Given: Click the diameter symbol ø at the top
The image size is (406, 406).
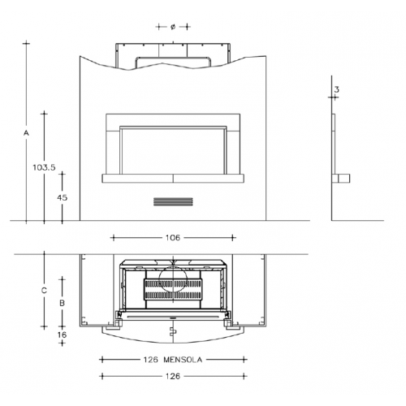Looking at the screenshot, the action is click(173, 27).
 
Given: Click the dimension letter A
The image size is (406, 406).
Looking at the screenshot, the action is click(26, 133).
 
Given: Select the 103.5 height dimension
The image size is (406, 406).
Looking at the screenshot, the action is click(44, 167).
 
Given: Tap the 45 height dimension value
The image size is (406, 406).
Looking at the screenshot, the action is click(62, 197).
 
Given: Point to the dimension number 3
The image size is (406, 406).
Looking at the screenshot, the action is click(336, 89).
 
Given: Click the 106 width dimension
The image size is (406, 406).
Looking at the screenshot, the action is click(173, 238).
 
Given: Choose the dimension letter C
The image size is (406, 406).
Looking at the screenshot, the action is click(44, 291).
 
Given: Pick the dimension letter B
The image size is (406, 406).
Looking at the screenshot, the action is click(62, 303).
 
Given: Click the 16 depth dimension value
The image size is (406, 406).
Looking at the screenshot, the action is click(62, 335).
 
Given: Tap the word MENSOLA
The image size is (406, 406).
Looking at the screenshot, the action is click(183, 360).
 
